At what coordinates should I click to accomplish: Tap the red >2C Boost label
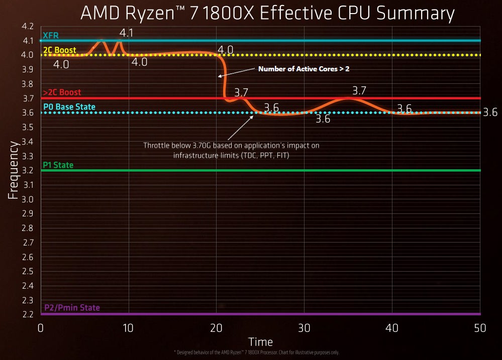pyautogui.click(x=62, y=92)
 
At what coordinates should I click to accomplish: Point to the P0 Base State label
pyautogui.click(x=68, y=107)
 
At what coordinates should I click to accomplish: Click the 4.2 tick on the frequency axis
pyautogui.click(x=28, y=26)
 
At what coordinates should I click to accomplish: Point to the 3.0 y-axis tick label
pyautogui.click(x=28, y=199)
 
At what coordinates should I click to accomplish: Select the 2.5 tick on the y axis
pyautogui.click(x=28, y=272)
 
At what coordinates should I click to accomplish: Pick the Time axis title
pyautogui.click(x=260, y=342)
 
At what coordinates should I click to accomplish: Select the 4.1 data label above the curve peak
pyautogui.click(x=126, y=33)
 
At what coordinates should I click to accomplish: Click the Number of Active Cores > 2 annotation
pyautogui.click(x=304, y=69)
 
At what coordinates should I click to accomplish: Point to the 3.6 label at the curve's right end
pyautogui.click(x=490, y=112)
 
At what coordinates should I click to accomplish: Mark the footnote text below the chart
pyautogui.click(x=260, y=352)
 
